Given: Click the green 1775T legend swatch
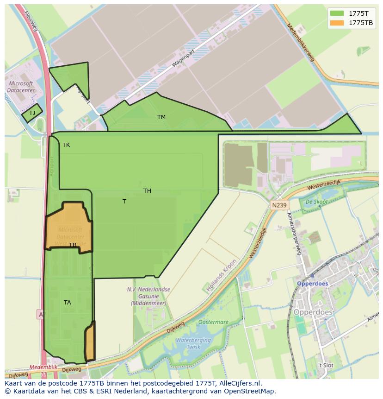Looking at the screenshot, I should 337,13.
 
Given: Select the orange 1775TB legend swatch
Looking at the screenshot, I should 337,23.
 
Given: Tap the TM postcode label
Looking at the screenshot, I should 161,117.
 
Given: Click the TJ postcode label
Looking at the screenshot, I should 32,113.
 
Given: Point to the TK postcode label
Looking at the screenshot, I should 66,145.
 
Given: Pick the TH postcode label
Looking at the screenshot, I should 147,191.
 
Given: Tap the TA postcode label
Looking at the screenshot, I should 68,303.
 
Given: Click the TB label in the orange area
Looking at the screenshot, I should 73,245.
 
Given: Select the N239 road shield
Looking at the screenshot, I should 279,205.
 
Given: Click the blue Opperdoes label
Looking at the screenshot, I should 312,284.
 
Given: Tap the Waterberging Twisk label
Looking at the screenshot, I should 194,343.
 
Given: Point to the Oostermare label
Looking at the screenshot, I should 213,322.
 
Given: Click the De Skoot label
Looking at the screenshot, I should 316,202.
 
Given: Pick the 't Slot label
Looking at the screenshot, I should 325,365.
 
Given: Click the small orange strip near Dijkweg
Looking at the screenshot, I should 90,342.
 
